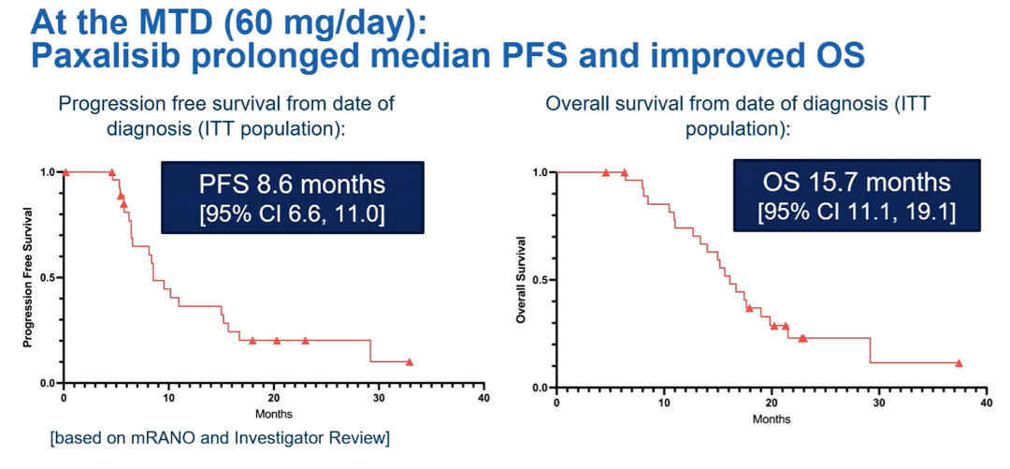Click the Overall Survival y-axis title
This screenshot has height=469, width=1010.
pos(522,280)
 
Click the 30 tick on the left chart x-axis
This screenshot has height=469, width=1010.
pos(378,398)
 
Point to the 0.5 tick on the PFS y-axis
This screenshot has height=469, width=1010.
pos(46,278)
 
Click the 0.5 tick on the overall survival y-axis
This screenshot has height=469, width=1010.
pos(540,280)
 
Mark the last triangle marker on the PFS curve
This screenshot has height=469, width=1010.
pos(410,361)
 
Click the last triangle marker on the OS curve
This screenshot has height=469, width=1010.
pos(959,363)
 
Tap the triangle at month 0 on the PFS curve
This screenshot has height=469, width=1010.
pos(65,172)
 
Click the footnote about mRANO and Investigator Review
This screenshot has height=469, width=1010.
pos(220,438)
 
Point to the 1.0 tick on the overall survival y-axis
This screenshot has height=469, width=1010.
pos(540,172)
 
